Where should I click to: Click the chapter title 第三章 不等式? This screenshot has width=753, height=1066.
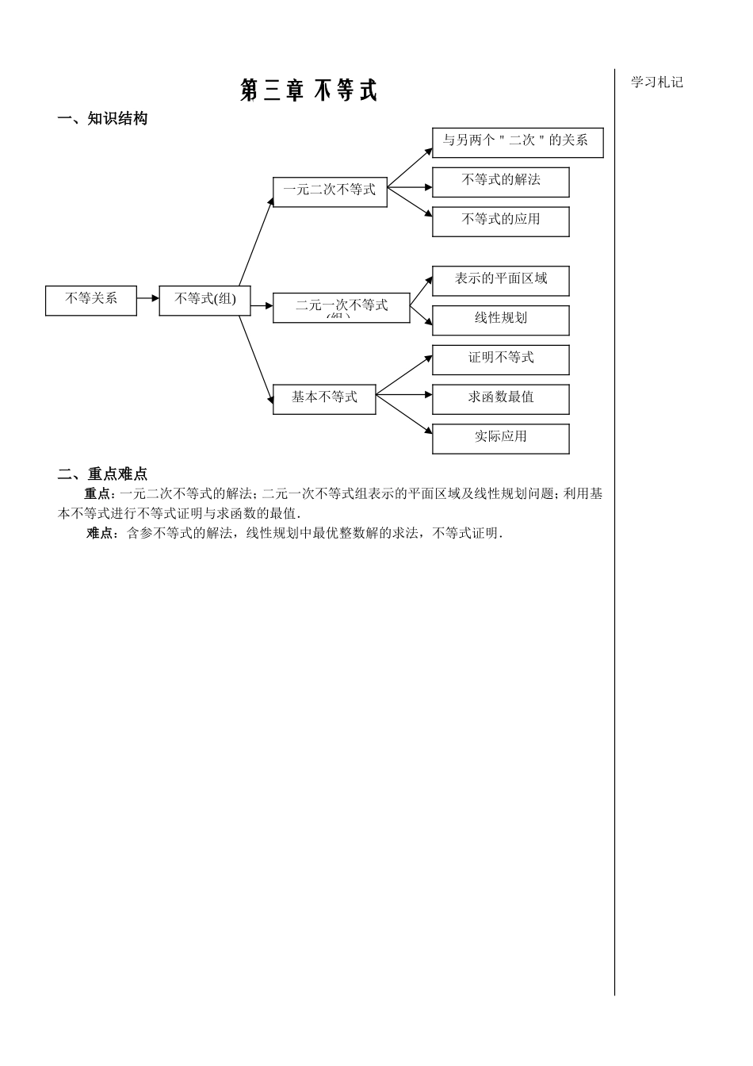308,90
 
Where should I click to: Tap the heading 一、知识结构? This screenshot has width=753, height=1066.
103,119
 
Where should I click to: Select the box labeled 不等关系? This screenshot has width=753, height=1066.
91,300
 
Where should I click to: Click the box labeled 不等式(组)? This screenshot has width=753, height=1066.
204,300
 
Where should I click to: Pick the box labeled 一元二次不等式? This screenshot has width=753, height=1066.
330,191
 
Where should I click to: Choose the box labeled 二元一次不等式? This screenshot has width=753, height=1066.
342,307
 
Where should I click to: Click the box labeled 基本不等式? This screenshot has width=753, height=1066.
324,398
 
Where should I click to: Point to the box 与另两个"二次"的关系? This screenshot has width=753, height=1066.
517,142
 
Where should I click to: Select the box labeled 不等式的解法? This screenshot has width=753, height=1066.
500,182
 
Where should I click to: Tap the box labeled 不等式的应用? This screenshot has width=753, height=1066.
500,220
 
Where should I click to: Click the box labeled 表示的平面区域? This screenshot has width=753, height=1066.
500,281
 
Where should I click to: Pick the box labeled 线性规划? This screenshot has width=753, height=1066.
500,320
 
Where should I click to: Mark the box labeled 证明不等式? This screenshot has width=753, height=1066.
500,359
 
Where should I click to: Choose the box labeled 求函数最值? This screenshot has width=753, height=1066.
500,399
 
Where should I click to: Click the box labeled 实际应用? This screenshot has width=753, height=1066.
500,439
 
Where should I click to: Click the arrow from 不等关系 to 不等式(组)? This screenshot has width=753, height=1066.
148,299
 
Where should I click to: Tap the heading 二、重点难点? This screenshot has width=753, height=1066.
103,474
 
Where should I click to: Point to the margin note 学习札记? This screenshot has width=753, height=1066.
656,82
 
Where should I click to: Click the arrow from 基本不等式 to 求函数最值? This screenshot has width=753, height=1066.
404,394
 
